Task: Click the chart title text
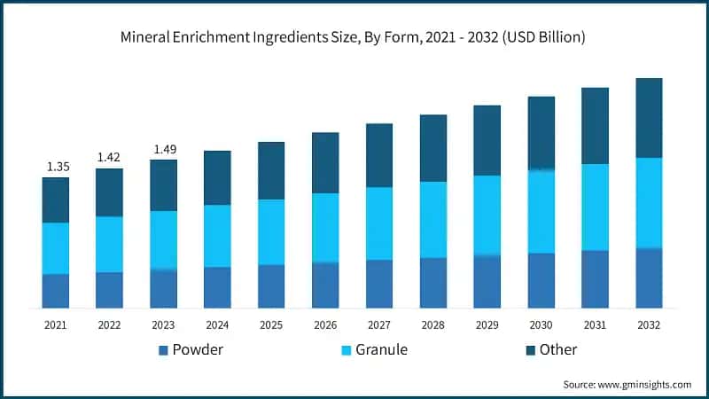coord(354,37)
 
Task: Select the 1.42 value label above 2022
coord(109,158)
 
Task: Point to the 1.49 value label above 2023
coord(163,149)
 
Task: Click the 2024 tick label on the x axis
coord(217,325)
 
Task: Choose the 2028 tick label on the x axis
coord(433,325)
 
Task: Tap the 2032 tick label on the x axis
coord(649,325)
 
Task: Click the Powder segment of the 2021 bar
coord(55,291)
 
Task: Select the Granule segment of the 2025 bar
coord(271,231)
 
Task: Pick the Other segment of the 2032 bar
coord(649,118)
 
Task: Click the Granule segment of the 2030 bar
coord(541,211)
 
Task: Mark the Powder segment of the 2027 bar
coord(379,284)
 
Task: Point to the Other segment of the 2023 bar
coord(163,185)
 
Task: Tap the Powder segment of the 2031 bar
coord(595,279)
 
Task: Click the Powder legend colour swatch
coord(163,350)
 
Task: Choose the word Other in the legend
coord(557,349)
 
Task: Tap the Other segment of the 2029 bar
coord(487,140)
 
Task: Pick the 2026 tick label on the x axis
coord(325,325)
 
